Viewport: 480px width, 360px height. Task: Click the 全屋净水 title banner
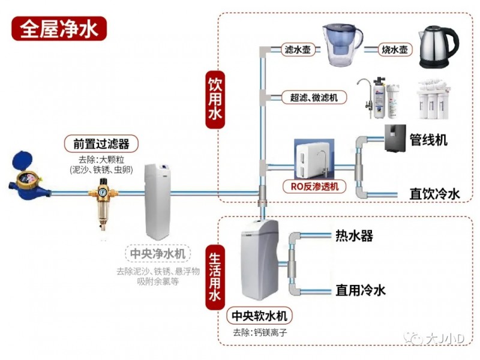[x=59, y=28]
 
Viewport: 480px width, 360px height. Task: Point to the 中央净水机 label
[x=158, y=254]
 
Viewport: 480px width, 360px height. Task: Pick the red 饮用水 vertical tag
[x=215, y=101]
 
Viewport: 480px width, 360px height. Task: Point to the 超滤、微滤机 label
[x=314, y=97]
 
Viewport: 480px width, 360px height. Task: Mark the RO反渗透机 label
[x=314, y=186]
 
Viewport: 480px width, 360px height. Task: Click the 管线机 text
[x=428, y=140]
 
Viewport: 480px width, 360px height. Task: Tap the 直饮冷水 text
[x=434, y=194]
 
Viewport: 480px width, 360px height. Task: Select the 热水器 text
[x=354, y=236]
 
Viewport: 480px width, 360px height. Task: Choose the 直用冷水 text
[x=360, y=290]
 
